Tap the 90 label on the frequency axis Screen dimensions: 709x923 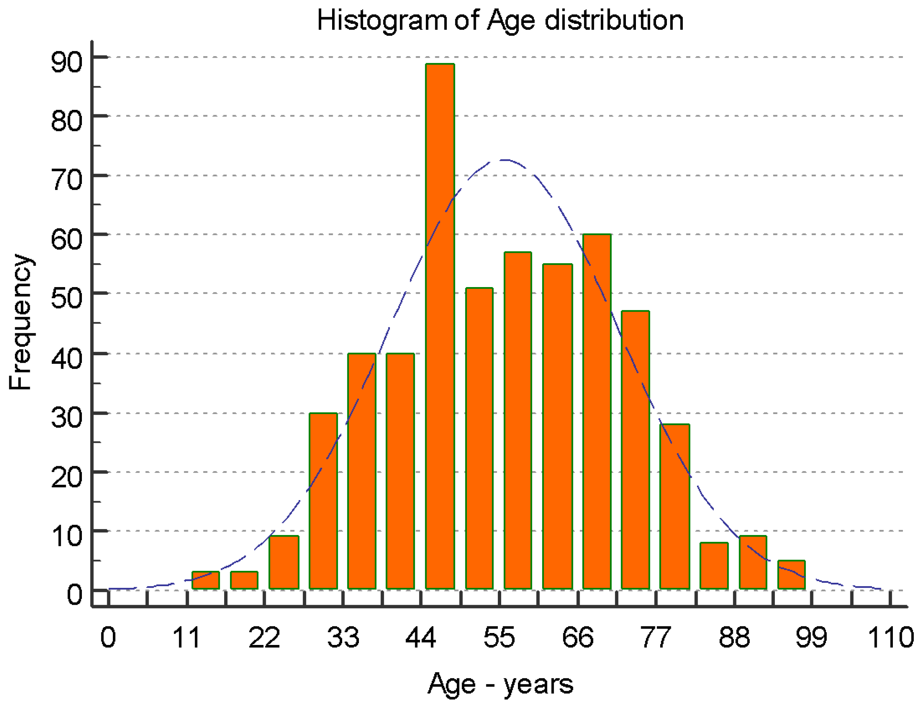point(66,62)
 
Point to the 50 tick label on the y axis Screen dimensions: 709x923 point(66,298)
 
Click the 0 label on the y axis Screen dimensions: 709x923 point(75,595)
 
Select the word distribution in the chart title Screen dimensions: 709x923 point(614,20)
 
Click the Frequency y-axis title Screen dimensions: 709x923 point(20,322)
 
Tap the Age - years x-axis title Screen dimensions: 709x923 point(500,684)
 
